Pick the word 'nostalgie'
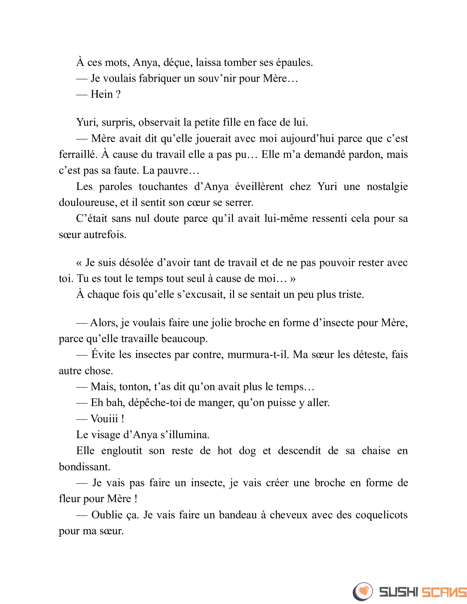387,186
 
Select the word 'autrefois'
105,234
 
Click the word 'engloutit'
122,451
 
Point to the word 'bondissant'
84,467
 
